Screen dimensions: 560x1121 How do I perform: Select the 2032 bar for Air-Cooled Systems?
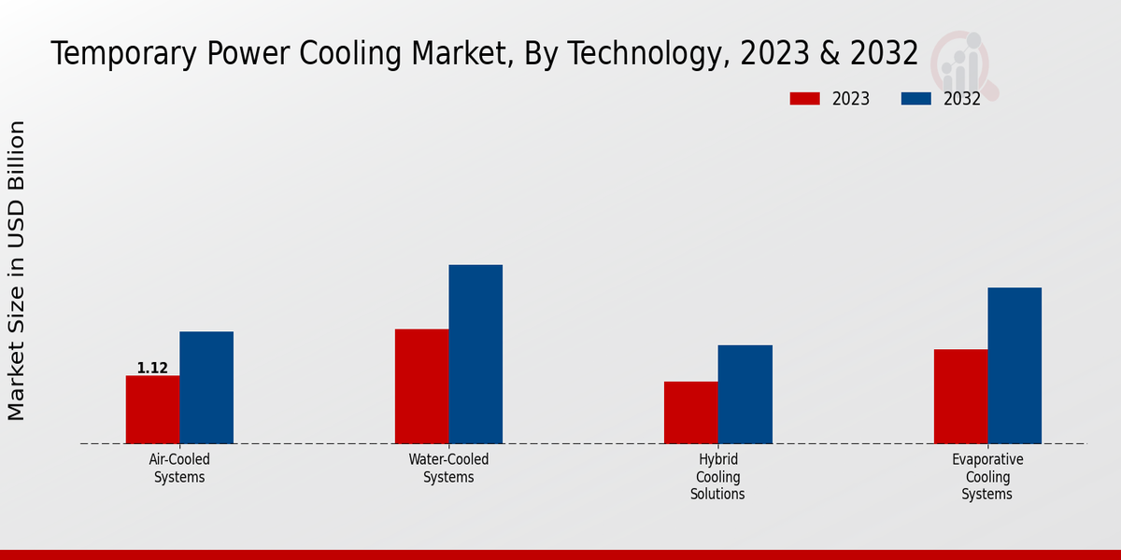click(x=206, y=387)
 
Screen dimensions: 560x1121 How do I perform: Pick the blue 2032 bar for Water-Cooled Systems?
click(x=475, y=354)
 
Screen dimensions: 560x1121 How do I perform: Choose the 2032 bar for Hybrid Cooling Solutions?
click(x=745, y=394)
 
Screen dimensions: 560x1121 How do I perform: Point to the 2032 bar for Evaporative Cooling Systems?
click(x=1015, y=365)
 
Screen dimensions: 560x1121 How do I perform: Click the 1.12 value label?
click(x=152, y=368)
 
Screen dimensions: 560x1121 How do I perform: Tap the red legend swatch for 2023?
click(x=804, y=99)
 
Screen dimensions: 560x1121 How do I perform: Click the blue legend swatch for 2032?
click(x=916, y=99)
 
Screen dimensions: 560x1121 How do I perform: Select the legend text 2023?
click(x=850, y=99)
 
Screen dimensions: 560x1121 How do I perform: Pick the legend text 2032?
click(x=961, y=99)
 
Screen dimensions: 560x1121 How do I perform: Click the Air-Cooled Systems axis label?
click(x=179, y=468)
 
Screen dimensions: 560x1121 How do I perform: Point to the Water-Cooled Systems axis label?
click(x=448, y=468)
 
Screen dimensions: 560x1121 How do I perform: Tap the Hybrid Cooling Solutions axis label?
click(x=717, y=476)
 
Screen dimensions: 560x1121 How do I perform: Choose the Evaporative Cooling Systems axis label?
click(x=987, y=476)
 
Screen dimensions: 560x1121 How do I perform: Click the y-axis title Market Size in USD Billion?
click(x=17, y=271)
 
